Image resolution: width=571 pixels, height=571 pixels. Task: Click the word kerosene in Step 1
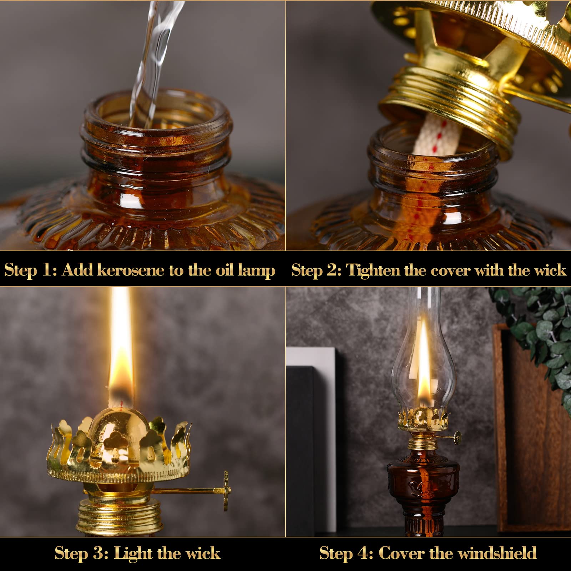[x=131, y=270]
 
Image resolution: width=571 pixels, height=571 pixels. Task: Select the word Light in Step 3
[x=133, y=554]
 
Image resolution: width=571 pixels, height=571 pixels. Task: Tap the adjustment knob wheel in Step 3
[x=226, y=490]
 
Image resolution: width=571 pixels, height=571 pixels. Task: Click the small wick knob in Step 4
[x=457, y=436]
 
